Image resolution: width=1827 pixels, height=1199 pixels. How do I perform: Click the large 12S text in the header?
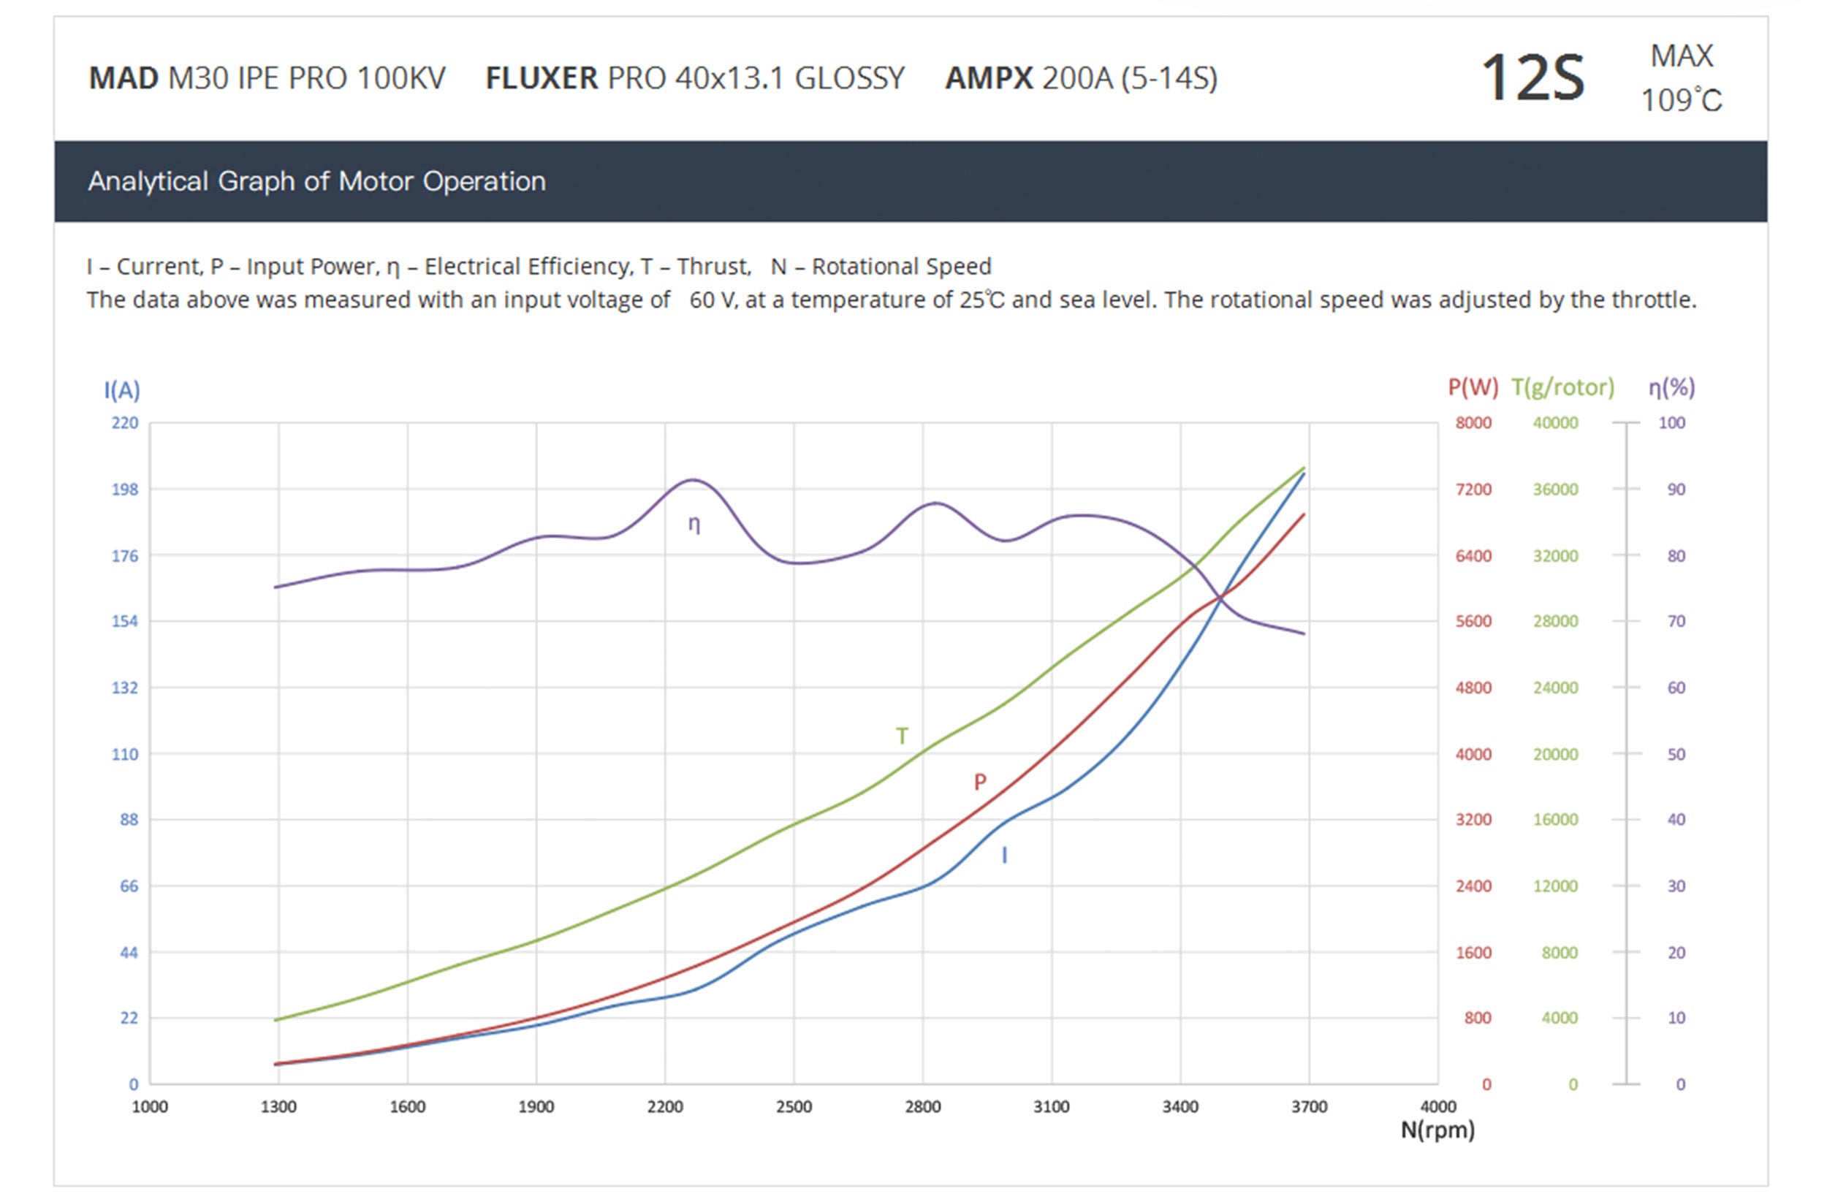pyautogui.click(x=1532, y=78)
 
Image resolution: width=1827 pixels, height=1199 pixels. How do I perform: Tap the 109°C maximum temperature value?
pyautogui.click(x=1681, y=101)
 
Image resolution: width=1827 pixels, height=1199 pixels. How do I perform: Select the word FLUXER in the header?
pyautogui.click(x=542, y=78)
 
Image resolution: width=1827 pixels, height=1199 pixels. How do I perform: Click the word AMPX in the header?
pyautogui.click(x=989, y=78)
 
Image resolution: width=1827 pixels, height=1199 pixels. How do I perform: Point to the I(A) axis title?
pyautogui.click(x=122, y=391)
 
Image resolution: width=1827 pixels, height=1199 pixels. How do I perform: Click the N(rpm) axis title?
pyautogui.click(x=1437, y=1130)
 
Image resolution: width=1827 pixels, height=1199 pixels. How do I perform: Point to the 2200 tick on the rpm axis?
pyautogui.click(x=665, y=1107)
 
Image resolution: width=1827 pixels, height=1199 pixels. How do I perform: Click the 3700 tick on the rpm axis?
pyautogui.click(x=1309, y=1107)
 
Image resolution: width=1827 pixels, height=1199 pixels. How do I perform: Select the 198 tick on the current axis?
pyautogui.click(x=125, y=490)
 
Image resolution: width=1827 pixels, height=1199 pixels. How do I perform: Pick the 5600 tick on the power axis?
pyautogui.click(x=1473, y=621)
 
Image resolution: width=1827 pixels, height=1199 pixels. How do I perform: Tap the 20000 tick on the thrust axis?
pyautogui.click(x=1555, y=754)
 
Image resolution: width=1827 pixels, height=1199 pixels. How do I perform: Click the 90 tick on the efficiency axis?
pyautogui.click(x=1676, y=490)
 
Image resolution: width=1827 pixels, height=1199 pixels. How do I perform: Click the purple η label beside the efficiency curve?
pyautogui.click(x=694, y=525)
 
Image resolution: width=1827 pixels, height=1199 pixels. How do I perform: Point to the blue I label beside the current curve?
pyautogui.click(x=1004, y=855)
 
